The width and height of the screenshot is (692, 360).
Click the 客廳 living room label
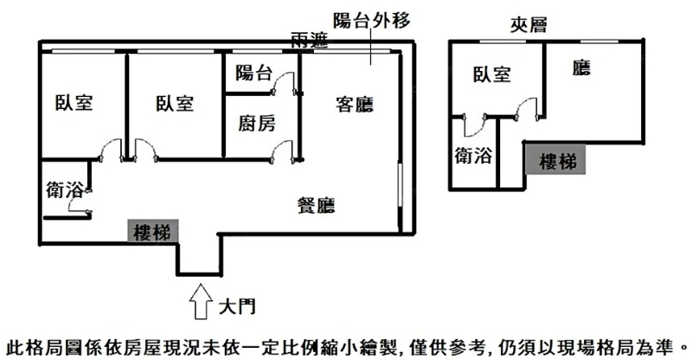(354, 106)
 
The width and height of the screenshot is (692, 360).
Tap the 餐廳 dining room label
(316, 205)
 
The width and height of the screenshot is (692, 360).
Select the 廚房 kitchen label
(257, 124)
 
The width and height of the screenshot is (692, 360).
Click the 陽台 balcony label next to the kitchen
(253, 74)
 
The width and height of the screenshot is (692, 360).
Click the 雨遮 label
(309, 39)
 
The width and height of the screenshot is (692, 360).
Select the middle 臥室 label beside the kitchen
(174, 103)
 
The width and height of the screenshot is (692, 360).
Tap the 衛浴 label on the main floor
(64, 190)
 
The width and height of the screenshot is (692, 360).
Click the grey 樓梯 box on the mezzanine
(555, 160)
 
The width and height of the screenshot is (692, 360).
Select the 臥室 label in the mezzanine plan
(491, 75)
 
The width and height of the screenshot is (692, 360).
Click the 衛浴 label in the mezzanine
(473, 157)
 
